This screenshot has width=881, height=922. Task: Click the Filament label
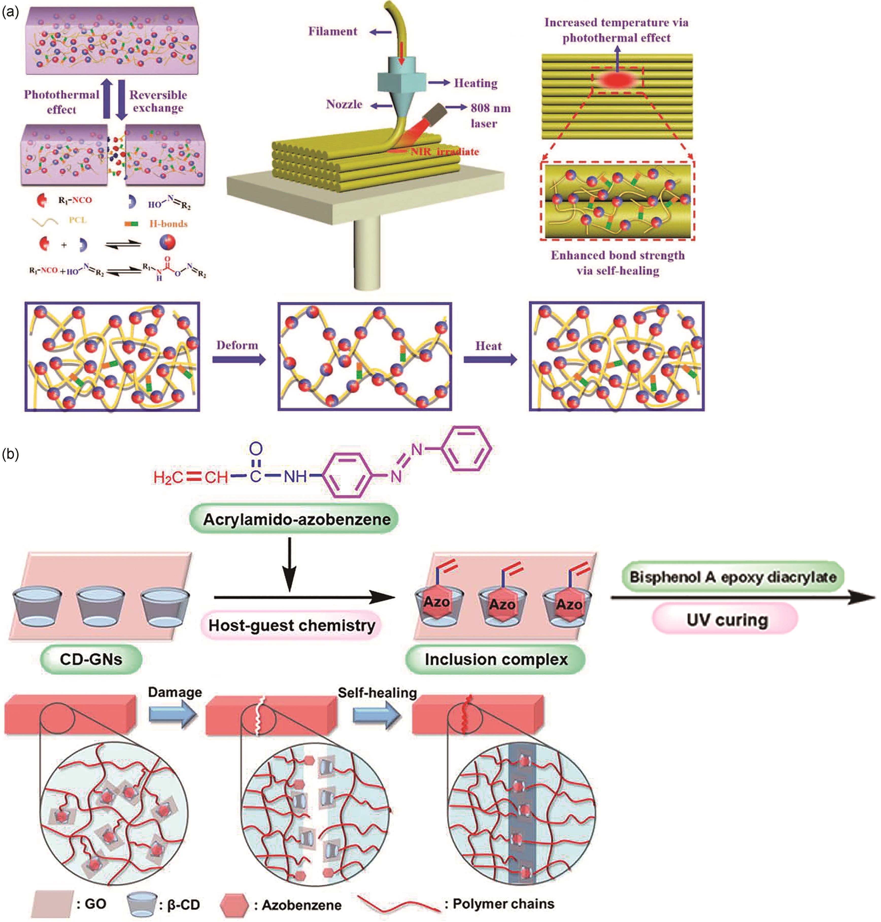click(x=332, y=31)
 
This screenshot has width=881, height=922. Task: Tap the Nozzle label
click(x=344, y=104)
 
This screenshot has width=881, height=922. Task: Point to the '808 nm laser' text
click(x=490, y=115)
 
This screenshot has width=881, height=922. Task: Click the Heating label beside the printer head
click(x=475, y=83)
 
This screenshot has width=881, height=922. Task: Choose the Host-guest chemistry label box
click(x=292, y=625)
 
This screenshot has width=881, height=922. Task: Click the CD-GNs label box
click(x=91, y=659)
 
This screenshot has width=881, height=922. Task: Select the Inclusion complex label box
click(x=496, y=659)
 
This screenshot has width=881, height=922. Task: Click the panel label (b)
click(x=10, y=454)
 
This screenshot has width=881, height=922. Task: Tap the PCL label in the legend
click(x=77, y=220)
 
